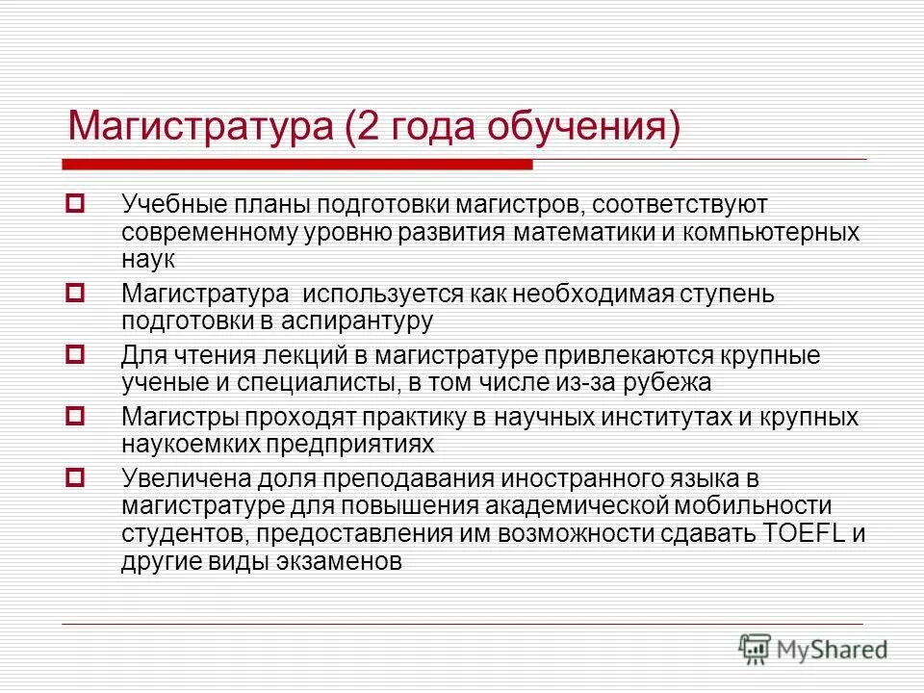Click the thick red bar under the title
(298, 165)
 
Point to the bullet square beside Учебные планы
(76, 204)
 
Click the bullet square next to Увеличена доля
(76, 475)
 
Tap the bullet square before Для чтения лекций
(76, 354)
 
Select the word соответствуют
(686, 205)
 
